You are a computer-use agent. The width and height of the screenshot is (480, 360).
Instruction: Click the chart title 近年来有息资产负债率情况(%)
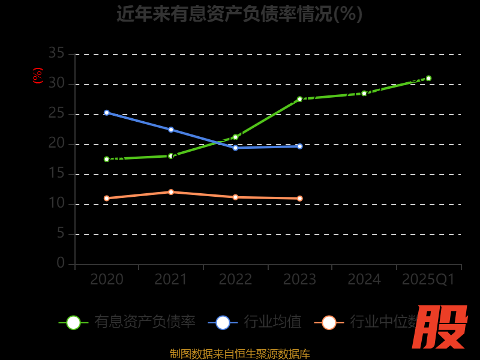[x=239, y=13]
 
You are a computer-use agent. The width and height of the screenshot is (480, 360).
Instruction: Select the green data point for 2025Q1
[x=428, y=78]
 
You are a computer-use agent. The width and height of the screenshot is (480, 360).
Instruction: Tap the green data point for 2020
[x=107, y=159]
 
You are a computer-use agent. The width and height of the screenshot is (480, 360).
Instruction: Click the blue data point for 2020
[x=107, y=112]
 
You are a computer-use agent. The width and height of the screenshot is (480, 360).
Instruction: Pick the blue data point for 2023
[x=300, y=146]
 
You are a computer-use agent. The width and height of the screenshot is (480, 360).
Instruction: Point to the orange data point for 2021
[x=171, y=192]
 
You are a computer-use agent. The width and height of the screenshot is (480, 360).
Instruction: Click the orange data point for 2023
[x=300, y=198]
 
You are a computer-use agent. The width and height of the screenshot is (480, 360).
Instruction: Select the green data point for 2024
[x=364, y=93]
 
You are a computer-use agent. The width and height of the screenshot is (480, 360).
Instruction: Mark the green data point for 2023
[x=300, y=99]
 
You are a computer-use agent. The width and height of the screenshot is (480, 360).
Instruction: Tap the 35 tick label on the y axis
[x=56, y=53]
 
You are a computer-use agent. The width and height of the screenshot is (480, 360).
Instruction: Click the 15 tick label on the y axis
[x=56, y=173]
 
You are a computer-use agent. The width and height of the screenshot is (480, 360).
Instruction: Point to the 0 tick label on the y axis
[x=61, y=263]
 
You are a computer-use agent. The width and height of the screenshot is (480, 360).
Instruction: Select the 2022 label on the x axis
[x=235, y=280]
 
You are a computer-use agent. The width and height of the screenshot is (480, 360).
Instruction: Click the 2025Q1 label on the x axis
[x=428, y=280]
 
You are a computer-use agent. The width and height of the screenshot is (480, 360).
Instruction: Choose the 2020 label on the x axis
[x=107, y=280]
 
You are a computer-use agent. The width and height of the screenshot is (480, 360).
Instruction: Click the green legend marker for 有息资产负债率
[x=73, y=322]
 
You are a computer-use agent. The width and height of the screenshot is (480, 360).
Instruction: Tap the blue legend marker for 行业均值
[x=223, y=322]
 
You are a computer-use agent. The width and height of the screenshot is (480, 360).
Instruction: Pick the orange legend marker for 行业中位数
[x=329, y=322]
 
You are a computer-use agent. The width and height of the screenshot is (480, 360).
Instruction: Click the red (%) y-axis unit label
[x=37, y=76]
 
